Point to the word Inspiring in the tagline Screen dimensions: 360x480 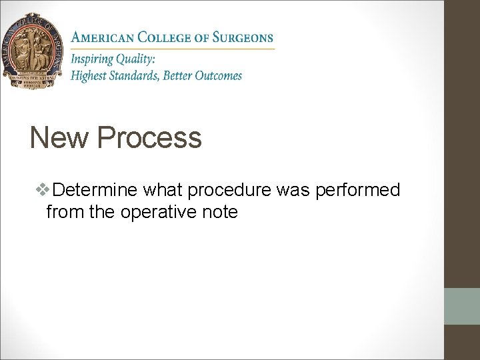point(94,59)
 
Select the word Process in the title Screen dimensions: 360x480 point(149,138)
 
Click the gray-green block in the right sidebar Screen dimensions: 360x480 point(461,306)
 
